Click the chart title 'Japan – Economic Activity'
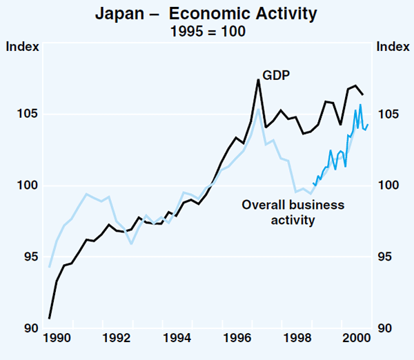pyautogui.click(x=207, y=13)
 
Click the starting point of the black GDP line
pyautogui.click(x=50, y=318)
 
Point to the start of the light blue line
pyautogui.click(x=50, y=266)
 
